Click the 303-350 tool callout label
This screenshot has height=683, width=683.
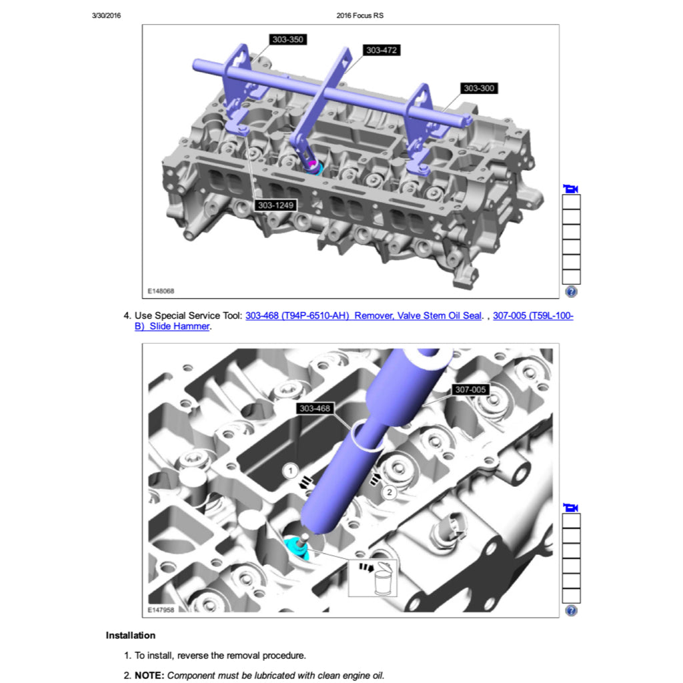coord(287,39)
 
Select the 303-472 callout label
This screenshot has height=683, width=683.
coord(382,50)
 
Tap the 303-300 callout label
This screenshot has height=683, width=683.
coord(479,88)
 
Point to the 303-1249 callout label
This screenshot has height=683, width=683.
coord(275,205)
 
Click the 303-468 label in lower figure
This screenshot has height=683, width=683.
coord(315,408)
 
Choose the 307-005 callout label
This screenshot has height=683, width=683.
coord(470,390)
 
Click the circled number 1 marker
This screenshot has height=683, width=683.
coord(291,470)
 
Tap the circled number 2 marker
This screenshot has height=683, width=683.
coord(389,492)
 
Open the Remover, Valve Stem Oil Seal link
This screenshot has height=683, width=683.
coord(418,315)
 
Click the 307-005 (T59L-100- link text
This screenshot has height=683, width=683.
coord(533,315)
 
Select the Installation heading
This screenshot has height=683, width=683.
coord(131,635)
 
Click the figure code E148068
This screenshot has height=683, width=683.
coord(161,291)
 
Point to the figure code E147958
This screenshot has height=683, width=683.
coord(161,610)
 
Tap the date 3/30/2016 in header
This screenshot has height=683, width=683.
coord(106,16)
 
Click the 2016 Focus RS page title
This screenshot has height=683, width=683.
coord(360,16)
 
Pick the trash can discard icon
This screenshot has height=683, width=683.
coord(384,578)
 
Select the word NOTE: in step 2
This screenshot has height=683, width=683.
coord(149,676)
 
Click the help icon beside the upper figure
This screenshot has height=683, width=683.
coord(571,291)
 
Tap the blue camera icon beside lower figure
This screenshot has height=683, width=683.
coord(571,508)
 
